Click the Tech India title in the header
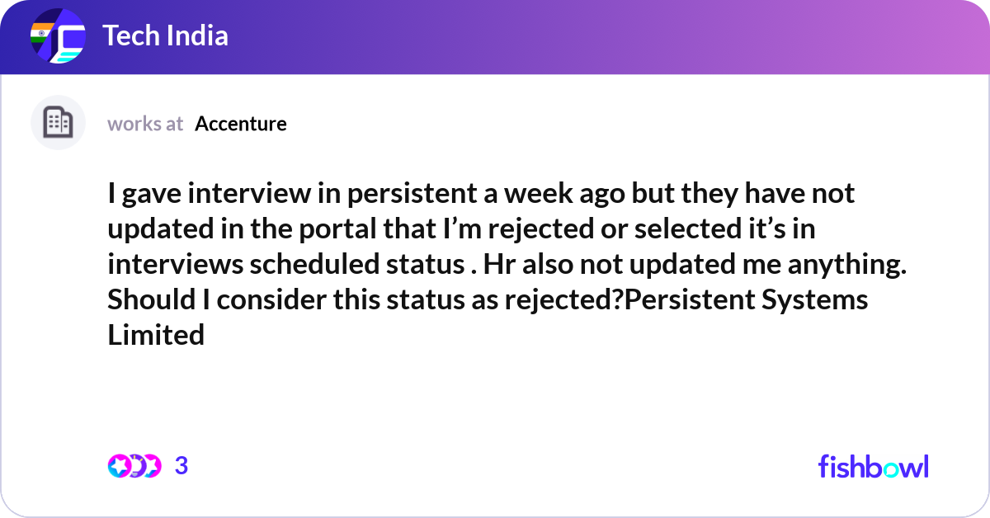(x=165, y=36)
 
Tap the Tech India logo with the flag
(x=58, y=37)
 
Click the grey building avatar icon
(x=58, y=123)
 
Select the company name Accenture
(x=241, y=124)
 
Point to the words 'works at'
(x=145, y=124)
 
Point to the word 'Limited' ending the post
(x=156, y=335)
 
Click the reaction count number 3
(x=181, y=466)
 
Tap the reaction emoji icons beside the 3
(x=134, y=466)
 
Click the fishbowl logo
(x=873, y=466)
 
